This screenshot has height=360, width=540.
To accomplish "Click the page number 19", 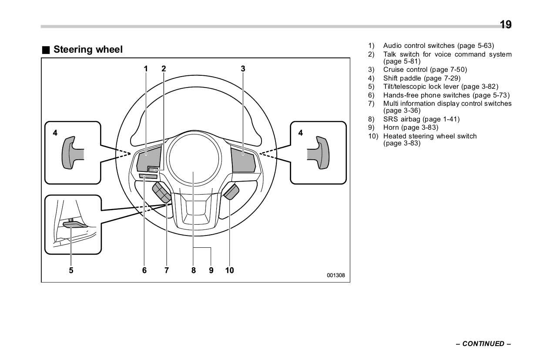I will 505,24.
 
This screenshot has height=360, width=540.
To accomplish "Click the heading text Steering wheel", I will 88,50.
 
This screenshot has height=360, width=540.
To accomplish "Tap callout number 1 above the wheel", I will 146,68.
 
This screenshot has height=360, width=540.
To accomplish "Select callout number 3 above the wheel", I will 243,68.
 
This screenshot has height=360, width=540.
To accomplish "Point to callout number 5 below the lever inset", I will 71,270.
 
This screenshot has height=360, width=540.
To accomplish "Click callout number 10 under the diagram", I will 229,270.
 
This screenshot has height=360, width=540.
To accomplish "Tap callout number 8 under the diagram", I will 194,270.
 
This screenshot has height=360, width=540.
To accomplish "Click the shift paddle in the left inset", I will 70,152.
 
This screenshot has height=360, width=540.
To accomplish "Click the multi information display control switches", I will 162,193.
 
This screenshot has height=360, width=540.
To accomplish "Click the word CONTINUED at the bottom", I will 483,344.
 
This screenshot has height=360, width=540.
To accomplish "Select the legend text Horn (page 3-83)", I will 410,128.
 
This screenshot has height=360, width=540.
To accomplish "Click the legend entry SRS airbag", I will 421,119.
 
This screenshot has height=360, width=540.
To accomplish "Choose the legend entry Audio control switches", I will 438,46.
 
